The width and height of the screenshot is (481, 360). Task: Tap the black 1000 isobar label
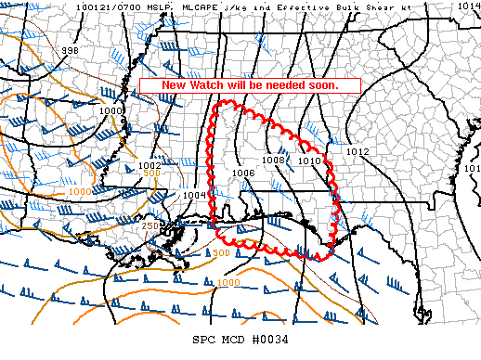tap(111, 110)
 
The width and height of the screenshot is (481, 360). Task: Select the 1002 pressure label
tap(149, 166)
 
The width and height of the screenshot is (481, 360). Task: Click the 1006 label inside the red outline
tap(244, 173)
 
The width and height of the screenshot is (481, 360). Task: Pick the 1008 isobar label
tap(273, 160)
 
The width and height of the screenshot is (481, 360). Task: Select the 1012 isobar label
tap(357, 151)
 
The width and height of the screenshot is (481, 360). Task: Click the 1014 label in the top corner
tap(468, 6)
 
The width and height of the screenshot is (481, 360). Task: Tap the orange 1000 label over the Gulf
tap(228, 283)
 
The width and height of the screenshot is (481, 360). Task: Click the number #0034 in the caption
tap(272, 339)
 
